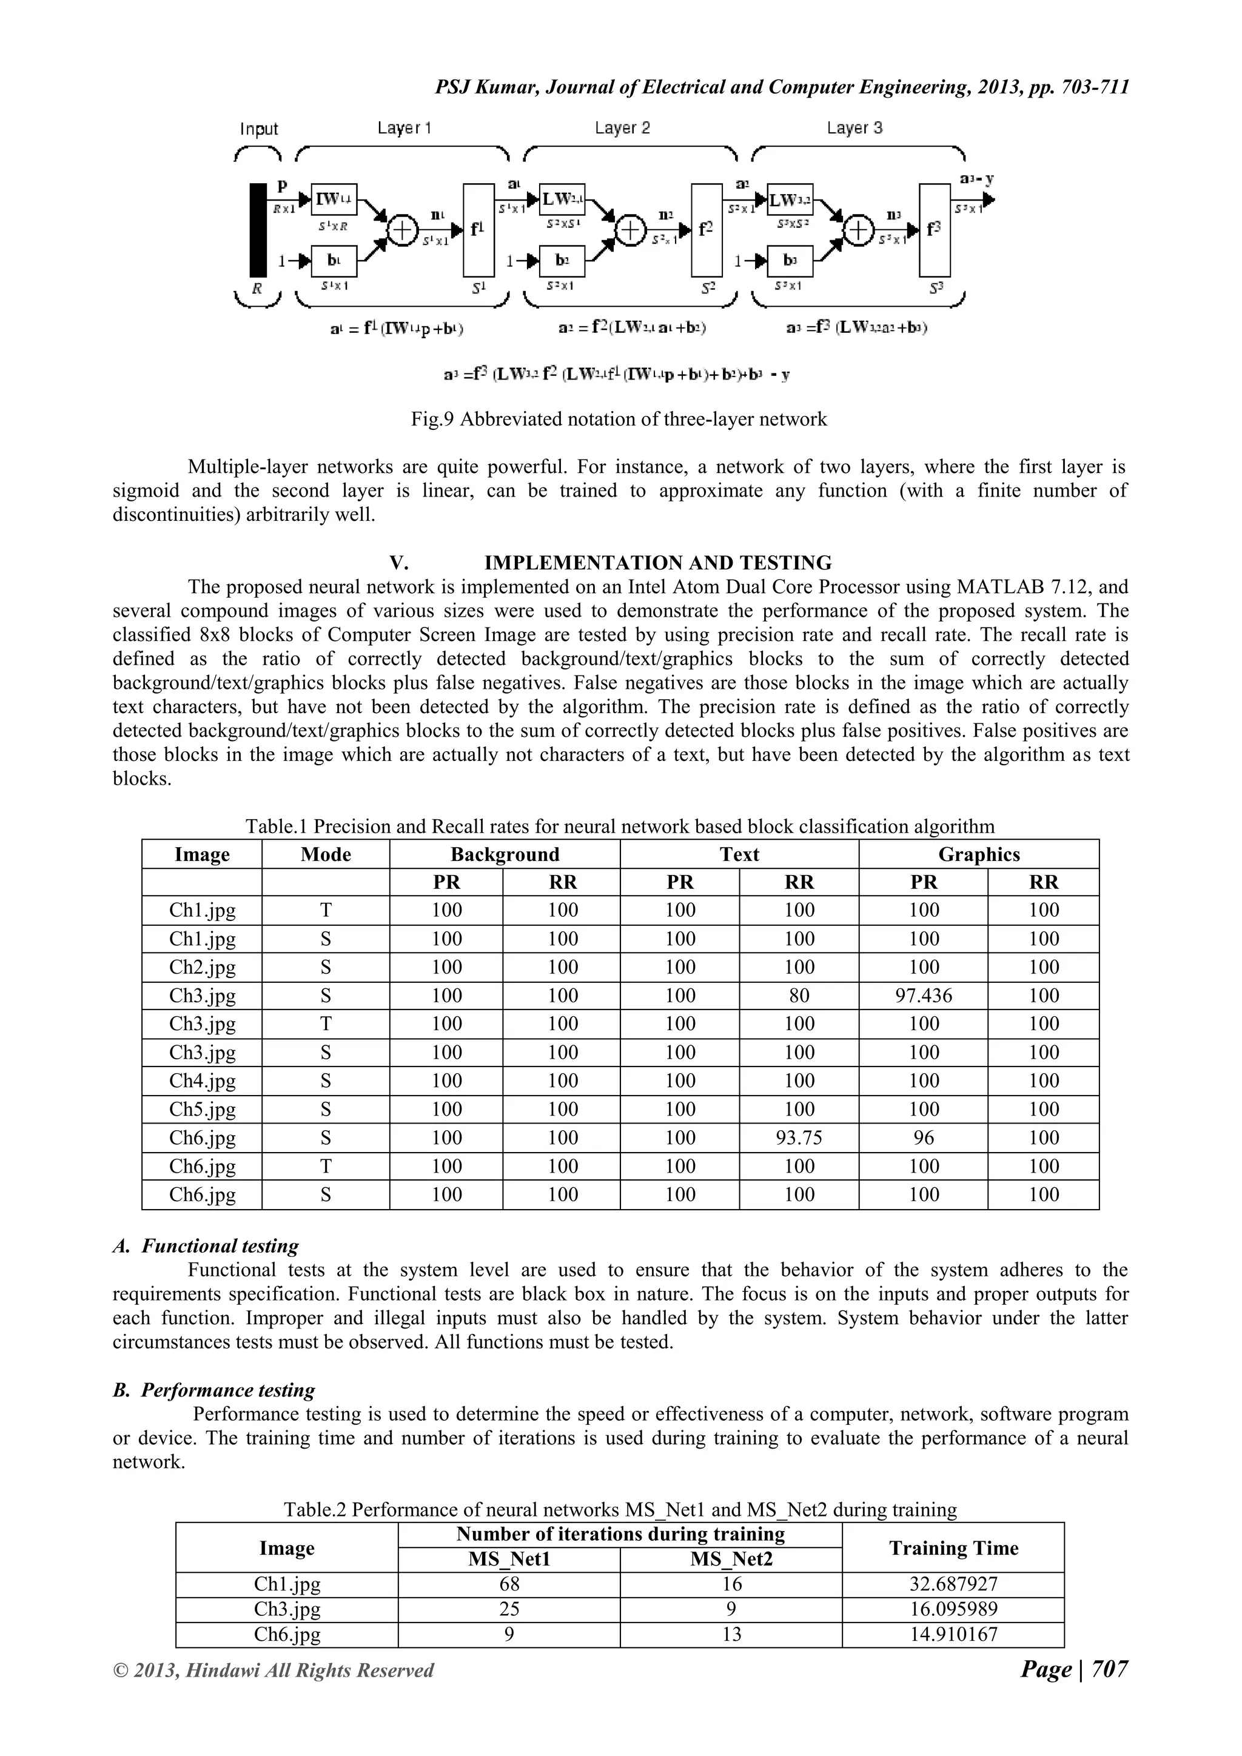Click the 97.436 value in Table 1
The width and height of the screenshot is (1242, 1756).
coord(923,996)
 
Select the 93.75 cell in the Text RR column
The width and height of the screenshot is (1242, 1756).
coord(799,1138)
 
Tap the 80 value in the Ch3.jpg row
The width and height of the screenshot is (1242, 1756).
coord(799,996)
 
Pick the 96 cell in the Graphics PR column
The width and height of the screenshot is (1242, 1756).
coord(923,1138)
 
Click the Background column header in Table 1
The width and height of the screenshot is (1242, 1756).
coord(505,854)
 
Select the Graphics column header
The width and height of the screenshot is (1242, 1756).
coord(979,854)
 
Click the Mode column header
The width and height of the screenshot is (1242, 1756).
coord(326,854)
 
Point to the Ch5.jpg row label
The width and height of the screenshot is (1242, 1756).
coord(202,1110)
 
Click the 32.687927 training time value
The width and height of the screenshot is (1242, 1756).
coord(953,1584)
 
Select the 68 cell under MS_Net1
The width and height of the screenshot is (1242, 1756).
coord(509,1584)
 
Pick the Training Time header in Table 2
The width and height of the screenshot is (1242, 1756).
coord(953,1549)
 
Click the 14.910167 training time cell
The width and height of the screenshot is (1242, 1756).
coord(953,1634)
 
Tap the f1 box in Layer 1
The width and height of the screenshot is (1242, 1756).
coord(478,229)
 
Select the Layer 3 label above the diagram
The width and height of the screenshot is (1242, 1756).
coord(854,128)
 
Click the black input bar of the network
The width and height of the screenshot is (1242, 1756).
coord(258,229)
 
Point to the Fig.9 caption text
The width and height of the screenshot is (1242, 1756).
coord(619,419)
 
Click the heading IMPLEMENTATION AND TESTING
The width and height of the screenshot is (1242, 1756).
coord(658,563)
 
